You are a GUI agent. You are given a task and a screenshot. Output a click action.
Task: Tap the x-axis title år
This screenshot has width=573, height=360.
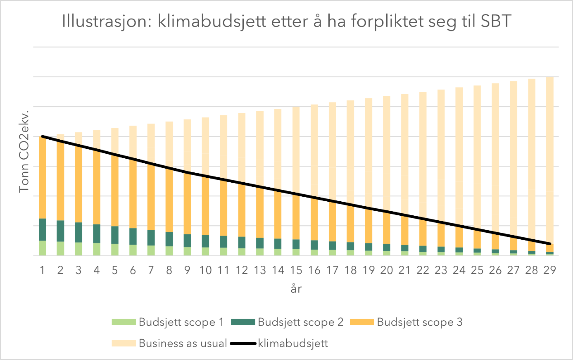[x=296, y=288]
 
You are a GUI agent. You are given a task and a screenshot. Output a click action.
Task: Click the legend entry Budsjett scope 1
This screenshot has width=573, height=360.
[x=181, y=322]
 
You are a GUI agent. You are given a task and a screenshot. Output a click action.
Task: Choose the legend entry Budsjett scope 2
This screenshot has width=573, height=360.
[x=300, y=322]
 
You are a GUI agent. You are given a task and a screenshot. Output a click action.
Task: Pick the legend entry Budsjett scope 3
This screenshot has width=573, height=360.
[x=419, y=322]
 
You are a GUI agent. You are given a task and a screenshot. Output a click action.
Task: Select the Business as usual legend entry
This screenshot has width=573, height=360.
[x=183, y=343]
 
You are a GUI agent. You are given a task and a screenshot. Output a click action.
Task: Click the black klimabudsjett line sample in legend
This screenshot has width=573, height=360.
[x=243, y=343]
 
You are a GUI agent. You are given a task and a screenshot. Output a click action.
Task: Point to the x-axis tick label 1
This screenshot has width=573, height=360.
[x=42, y=270]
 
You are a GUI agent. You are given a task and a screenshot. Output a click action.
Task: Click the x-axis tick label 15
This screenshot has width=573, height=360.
[x=296, y=270]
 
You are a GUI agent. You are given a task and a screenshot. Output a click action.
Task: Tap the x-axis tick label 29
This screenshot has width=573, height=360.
[x=549, y=270]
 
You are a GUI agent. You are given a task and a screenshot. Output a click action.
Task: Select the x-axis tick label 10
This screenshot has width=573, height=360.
[x=205, y=270]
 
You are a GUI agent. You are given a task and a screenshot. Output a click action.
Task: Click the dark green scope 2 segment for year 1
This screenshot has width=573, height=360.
[x=42, y=229]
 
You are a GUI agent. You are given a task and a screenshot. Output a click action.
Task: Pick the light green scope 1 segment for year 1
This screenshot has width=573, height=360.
[x=42, y=248]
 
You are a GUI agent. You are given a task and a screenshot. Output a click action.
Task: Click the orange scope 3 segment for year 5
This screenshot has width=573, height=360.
[x=115, y=190]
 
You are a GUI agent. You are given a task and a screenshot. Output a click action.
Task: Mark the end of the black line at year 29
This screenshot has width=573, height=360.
[x=549, y=243]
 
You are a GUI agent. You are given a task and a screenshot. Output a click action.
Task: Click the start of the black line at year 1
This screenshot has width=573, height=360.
[x=43, y=136]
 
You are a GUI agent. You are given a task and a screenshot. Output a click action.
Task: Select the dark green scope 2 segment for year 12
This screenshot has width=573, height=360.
[x=242, y=242]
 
